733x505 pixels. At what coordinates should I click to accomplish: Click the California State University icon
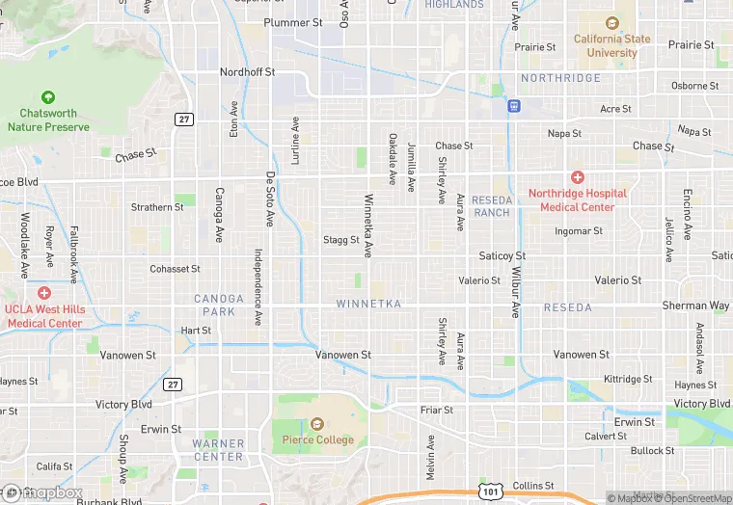(x=611, y=23)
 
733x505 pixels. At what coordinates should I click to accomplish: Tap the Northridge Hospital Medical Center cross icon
(x=577, y=177)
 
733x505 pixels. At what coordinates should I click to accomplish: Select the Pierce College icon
(x=317, y=424)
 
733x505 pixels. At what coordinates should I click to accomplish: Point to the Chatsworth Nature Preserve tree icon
(x=48, y=97)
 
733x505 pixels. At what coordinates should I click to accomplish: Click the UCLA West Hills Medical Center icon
(x=43, y=293)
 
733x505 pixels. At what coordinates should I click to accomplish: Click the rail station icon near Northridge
(x=515, y=105)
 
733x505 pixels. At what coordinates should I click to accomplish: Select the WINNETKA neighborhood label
(x=367, y=304)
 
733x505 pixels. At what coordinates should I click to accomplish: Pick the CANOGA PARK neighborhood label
(x=219, y=305)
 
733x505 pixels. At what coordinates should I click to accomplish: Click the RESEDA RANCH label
(x=492, y=205)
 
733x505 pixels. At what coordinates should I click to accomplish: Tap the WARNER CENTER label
(x=218, y=450)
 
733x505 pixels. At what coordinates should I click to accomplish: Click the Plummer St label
(x=293, y=22)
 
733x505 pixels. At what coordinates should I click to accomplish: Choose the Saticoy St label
(x=502, y=255)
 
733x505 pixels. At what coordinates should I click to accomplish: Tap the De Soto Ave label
(x=271, y=199)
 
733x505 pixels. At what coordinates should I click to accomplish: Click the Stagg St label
(x=341, y=240)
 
